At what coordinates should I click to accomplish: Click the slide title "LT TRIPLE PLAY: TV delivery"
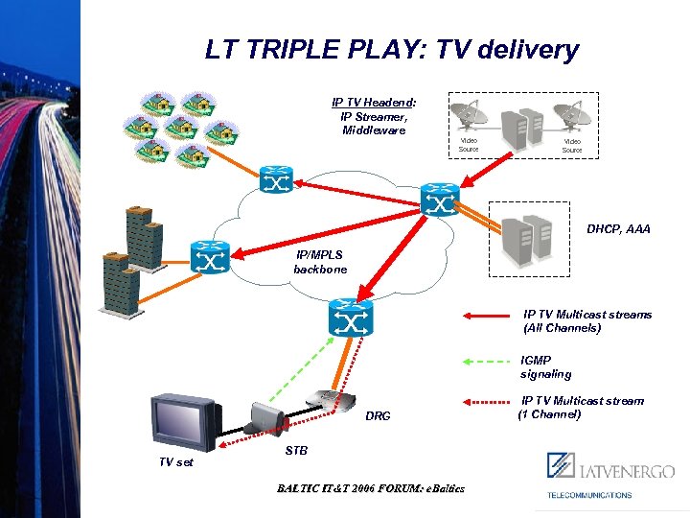[x=391, y=50]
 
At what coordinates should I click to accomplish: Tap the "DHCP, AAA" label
[x=618, y=229]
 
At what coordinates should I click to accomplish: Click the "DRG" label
[x=378, y=416]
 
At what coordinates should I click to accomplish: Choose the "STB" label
[x=296, y=450]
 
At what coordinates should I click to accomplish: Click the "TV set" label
[x=175, y=462]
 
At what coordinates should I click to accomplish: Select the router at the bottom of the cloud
[x=350, y=317]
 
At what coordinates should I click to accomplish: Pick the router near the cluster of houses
[x=278, y=179]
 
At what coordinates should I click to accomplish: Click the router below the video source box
[x=440, y=202]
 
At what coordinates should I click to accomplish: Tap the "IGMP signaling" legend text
[x=545, y=367]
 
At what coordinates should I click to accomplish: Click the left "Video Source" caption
[x=468, y=146]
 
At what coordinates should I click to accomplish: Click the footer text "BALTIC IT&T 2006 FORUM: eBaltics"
[x=371, y=488]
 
